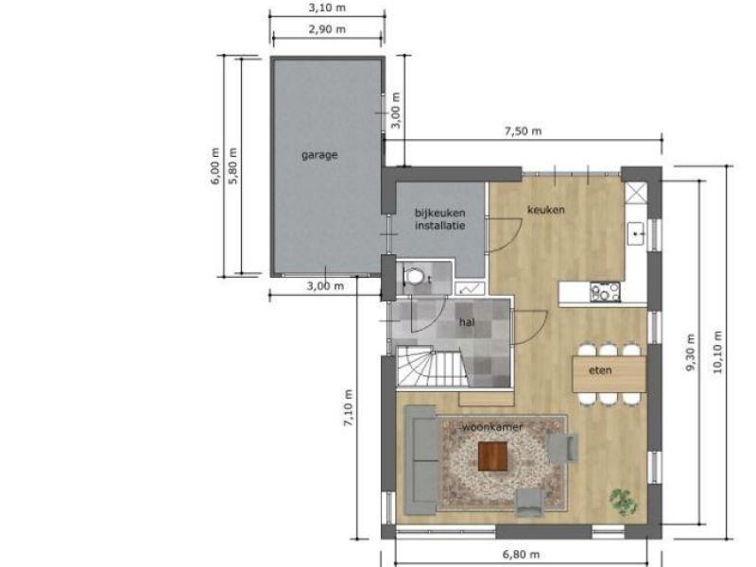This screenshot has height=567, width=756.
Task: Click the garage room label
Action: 319,155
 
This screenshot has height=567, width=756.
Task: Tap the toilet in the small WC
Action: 413,277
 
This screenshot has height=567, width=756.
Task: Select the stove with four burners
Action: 605,292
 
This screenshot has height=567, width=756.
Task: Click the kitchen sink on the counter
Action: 636,233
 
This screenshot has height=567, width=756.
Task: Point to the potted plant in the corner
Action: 623,502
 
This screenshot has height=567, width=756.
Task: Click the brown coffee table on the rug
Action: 492,456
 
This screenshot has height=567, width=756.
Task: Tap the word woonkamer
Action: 492,427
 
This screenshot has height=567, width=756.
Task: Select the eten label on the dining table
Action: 600,370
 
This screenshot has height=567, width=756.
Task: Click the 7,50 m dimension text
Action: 524,131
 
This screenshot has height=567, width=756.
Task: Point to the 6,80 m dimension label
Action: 522,555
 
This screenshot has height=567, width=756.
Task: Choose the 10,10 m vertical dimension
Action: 717,352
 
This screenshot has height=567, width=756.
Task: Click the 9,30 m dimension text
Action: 691,352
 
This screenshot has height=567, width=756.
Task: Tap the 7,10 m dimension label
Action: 348,407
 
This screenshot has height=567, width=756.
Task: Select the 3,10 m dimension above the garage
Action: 327,9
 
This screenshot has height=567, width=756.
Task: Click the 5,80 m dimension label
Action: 233,166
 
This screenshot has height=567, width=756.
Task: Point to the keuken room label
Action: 546,210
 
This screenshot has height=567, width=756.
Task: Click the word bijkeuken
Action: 440,213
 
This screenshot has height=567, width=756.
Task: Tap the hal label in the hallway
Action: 467,322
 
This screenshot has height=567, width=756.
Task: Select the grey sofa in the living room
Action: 421,460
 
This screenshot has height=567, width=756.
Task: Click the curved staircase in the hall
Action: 431,367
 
